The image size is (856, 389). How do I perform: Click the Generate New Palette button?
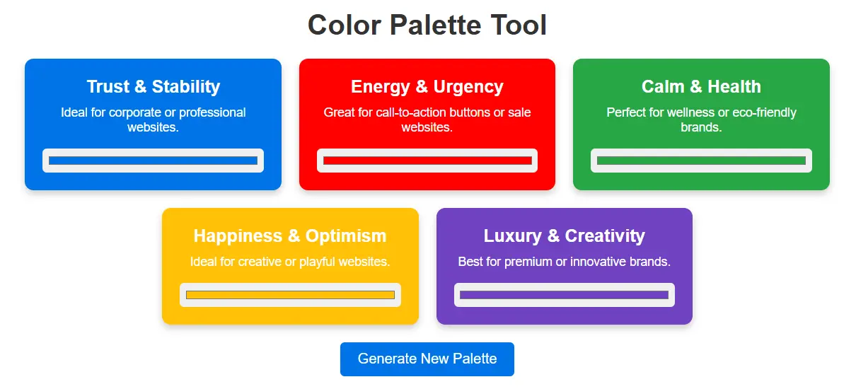427,359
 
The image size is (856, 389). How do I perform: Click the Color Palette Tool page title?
427,25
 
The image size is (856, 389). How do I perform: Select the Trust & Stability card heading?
153,86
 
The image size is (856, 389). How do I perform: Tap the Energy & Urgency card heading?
427,86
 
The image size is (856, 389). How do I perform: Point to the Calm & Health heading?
701,86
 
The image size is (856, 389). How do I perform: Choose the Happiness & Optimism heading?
290,236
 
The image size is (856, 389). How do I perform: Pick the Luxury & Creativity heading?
564,236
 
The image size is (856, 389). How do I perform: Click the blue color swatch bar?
153,161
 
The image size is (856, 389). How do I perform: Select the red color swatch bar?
427,161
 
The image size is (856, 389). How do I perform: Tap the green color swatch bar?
701,161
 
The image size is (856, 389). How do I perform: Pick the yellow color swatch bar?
290,295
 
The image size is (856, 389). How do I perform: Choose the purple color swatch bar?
564,295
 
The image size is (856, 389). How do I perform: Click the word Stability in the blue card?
186,86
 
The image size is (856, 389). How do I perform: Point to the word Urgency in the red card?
468,86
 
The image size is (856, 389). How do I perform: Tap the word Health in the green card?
734,86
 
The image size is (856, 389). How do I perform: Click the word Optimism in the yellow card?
346,236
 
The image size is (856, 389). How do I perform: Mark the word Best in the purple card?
470,262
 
